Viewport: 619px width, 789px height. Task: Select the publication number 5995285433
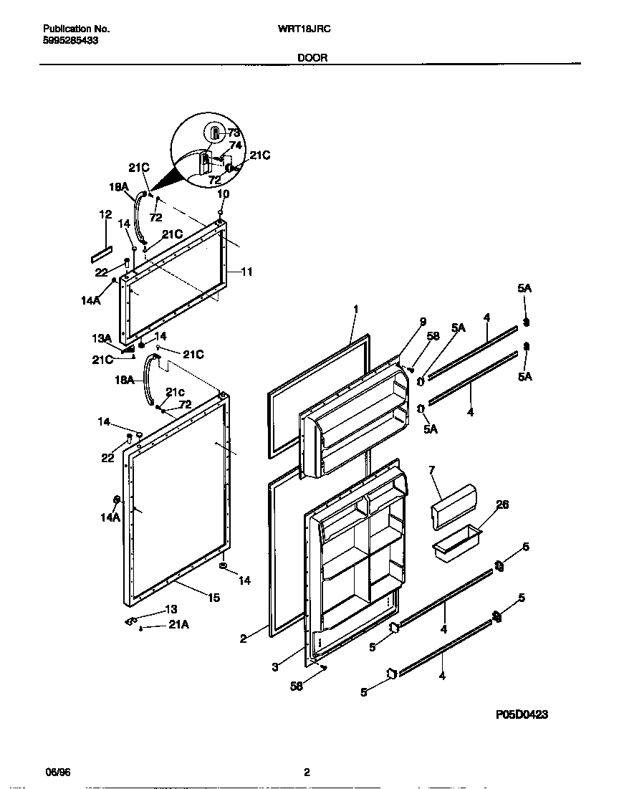click(71, 41)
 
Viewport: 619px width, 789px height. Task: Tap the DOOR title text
click(312, 58)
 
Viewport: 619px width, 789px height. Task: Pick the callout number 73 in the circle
click(234, 133)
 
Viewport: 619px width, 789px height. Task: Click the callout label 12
click(105, 214)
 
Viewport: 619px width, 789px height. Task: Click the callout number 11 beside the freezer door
click(246, 272)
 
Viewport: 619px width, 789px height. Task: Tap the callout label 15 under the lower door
click(214, 597)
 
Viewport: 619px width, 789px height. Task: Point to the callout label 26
click(502, 505)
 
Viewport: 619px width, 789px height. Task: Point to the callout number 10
click(223, 194)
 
